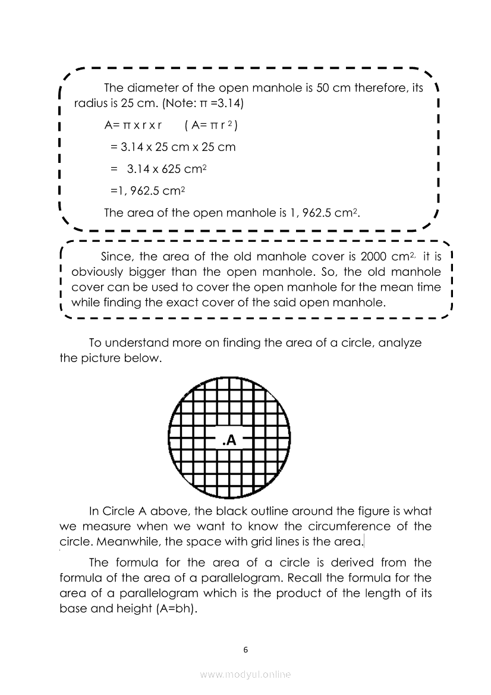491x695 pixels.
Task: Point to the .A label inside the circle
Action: pyautogui.click(x=229, y=441)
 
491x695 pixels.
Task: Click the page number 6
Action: pyautogui.click(x=245, y=649)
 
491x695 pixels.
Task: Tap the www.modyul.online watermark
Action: pyautogui.click(x=245, y=674)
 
